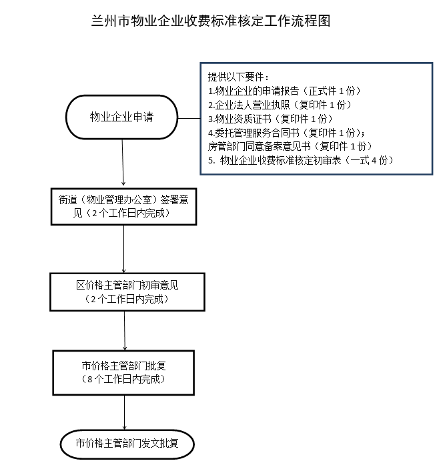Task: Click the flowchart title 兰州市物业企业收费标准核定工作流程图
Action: [x=211, y=21]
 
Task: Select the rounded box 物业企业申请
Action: [x=121, y=117]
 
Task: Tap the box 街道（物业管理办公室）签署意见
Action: [x=123, y=206]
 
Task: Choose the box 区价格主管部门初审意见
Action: [x=127, y=292]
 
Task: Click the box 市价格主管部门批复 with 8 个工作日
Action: [x=123, y=373]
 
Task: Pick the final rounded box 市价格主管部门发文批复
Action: [x=127, y=444]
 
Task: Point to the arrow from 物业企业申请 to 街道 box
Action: [x=123, y=163]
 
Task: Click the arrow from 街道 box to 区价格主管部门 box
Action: [x=123, y=249]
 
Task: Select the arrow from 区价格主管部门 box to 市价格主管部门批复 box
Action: [x=125, y=331]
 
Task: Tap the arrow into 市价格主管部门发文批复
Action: [x=124, y=412]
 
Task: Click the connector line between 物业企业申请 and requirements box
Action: [x=189, y=118]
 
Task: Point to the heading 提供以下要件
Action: [x=238, y=77]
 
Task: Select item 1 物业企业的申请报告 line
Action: [x=284, y=91]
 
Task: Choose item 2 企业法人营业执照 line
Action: [x=280, y=105]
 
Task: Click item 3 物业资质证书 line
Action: [x=270, y=119]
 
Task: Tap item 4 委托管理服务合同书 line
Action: [x=286, y=133]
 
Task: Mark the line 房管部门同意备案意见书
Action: [x=290, y=146]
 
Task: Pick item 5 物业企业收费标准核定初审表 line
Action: [x=301, y=160]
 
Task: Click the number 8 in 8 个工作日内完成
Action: [x=90, y=380]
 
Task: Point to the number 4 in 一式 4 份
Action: [x=374, y=160]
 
